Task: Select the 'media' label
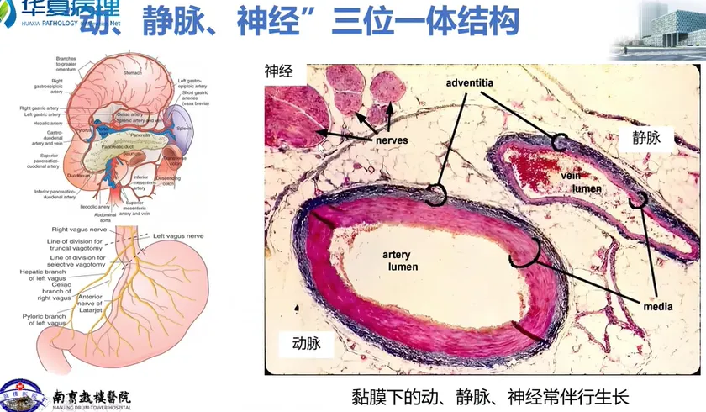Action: tap(657, 308)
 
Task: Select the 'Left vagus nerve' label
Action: tap(181, 236)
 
